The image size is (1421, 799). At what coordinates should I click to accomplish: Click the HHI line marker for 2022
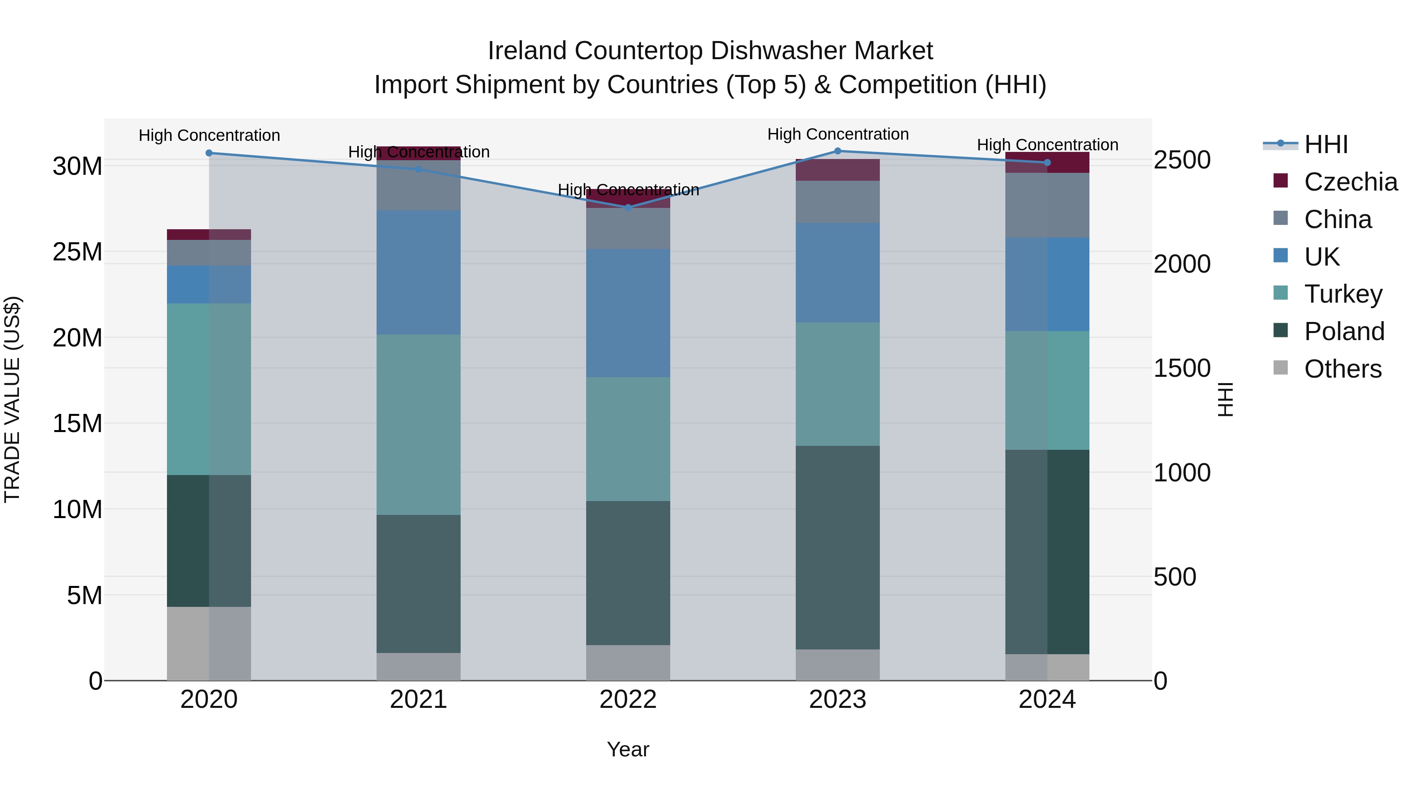628,207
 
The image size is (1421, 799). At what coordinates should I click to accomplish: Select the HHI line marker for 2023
837,151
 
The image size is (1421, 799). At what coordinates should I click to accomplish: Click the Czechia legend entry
1350,182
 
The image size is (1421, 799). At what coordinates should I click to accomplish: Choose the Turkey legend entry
1343,294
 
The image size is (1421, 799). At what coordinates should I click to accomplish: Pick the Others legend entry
1343,369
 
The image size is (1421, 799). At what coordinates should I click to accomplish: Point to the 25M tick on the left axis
77,252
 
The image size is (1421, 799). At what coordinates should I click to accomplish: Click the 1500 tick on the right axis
1182,369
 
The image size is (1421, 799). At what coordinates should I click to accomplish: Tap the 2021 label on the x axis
418,700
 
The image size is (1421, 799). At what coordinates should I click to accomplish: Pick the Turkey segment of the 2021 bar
418,425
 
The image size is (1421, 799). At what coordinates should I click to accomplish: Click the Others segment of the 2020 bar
209,643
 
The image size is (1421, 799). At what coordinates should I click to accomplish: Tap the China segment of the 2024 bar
1047,205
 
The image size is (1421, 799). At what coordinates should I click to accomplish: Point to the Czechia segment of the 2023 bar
837,170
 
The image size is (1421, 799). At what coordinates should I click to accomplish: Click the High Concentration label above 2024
1047,145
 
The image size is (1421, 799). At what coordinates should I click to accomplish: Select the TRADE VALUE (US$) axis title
12,399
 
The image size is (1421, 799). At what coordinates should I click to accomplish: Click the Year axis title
628,750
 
